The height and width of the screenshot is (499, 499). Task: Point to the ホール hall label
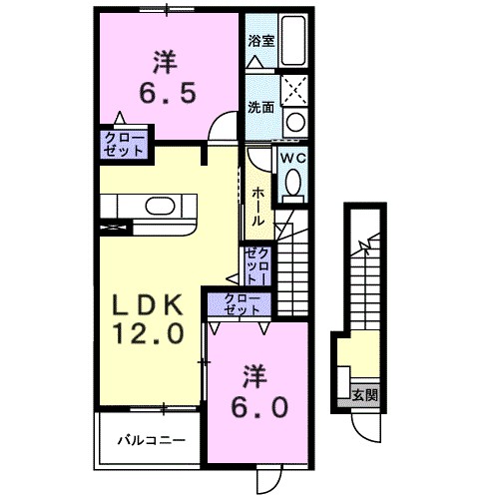(x=257, y=206)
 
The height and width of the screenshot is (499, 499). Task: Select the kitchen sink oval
(x=160, y=207)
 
